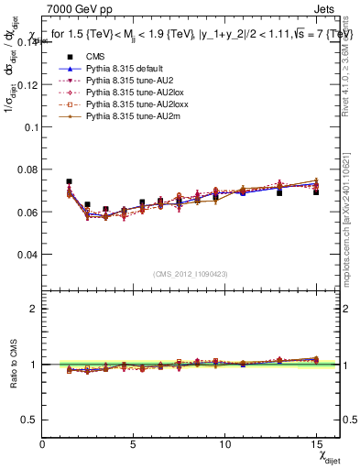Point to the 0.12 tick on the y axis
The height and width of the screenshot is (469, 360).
tap(28, 84)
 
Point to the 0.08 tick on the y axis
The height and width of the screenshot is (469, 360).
tap(28, 169)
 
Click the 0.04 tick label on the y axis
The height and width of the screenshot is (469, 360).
tap(28, 254)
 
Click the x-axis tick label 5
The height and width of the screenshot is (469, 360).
tap(134, 445)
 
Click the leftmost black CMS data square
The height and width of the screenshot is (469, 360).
tap(69, 181)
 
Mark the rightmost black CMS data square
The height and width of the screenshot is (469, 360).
tap(316, 191)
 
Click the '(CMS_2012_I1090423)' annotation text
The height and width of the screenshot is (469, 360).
tap(191, 274)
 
